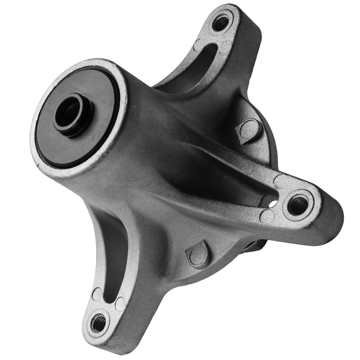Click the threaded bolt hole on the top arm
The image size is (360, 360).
pyautogui.click(x=220, y=23)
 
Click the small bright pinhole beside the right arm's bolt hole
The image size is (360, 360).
pyautogui.click(x=273, y=204)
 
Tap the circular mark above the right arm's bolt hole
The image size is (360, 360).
pyautogui.click(x=281, y=180)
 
